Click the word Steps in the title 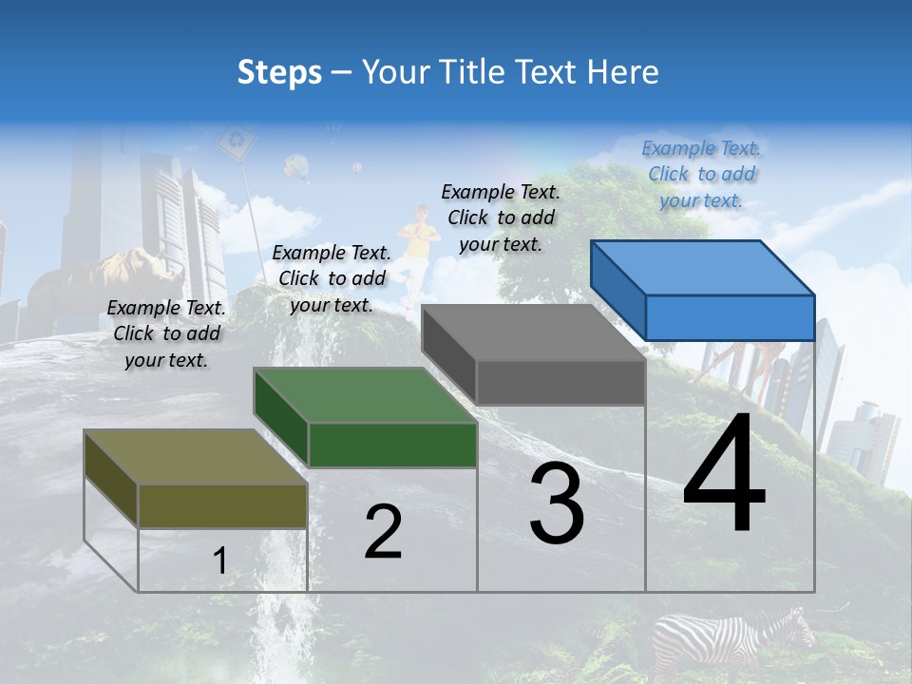[x=279, y=72]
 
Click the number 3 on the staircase [x=557, y=503]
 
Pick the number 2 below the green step [x=383, y=532]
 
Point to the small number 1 [x=219, y=560]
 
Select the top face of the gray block [x=533, y=332]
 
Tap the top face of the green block [x=364, y=394]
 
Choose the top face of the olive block [x=195, y=457]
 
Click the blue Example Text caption [x=701, y=174]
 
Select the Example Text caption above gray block [x=501, y=218]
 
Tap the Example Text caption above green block [x=332, y=278]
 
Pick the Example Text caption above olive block [x=166, y=333]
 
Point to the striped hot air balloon [x=297, y=168]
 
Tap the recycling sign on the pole [x=236, y=143]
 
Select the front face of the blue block [x=730, y=317]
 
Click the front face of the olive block [x=222, y=505]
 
